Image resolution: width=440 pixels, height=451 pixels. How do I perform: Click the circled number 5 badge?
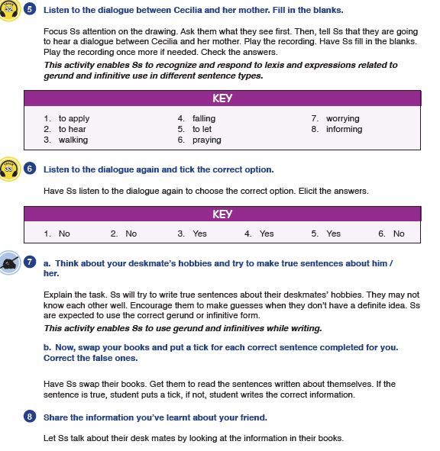click(30, 9)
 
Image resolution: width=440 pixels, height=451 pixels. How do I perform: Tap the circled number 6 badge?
click(30, 169)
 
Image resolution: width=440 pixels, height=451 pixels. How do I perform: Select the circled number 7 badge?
click(30, 262)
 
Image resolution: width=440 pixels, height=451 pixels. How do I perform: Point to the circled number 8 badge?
click(30, 417)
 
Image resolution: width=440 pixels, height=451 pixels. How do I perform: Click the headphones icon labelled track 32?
click(9, 11)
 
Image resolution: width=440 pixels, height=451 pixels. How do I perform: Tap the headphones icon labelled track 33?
click(9, 169)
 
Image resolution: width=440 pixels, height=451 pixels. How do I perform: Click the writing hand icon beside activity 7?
click(9, 263)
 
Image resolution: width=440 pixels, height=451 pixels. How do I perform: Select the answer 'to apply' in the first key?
click(74, 119)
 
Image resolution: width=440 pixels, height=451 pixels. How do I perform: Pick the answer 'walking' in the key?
click(73, 140)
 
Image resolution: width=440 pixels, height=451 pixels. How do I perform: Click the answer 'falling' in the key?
click(204, 119)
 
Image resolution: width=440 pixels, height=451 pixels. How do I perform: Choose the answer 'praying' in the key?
click(207, 140)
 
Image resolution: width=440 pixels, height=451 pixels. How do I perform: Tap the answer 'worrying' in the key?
click(343, 119)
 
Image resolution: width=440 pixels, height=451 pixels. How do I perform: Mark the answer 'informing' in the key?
click(344, 130)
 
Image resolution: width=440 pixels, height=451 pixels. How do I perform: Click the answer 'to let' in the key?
click(202, 129)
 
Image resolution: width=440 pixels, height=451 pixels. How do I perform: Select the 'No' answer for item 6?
click(399, 234)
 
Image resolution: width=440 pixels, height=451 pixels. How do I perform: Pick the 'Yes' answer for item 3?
click(199, 234)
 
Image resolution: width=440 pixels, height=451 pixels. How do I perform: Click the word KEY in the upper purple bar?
click(222, 98)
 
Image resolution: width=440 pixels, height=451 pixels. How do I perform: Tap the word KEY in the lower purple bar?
click(222, 214)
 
